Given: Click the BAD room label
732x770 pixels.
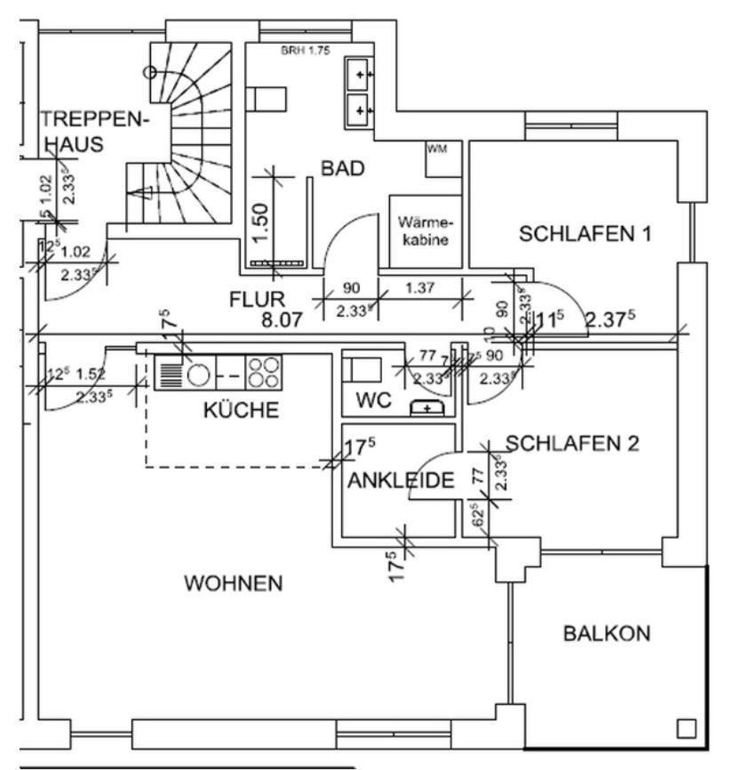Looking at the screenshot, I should [343, 169].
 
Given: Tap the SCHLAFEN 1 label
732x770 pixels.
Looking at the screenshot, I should [585, 235].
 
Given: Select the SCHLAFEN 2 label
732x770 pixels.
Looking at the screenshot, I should [572, 443].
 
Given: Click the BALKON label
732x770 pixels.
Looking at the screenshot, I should [607, 634].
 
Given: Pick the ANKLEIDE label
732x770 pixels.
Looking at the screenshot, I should [401, 481].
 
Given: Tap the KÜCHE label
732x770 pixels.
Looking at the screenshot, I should [241, 410].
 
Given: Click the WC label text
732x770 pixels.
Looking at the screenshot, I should [373, 401].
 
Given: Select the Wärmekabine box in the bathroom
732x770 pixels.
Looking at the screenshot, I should [426, 231].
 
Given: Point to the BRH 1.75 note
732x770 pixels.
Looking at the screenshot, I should [305, 51].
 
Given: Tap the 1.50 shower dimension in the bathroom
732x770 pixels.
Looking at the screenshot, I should [259, 221].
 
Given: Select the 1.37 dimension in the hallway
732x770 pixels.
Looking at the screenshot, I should [422, 288].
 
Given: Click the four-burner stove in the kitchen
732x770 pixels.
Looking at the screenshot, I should [263, 372].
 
